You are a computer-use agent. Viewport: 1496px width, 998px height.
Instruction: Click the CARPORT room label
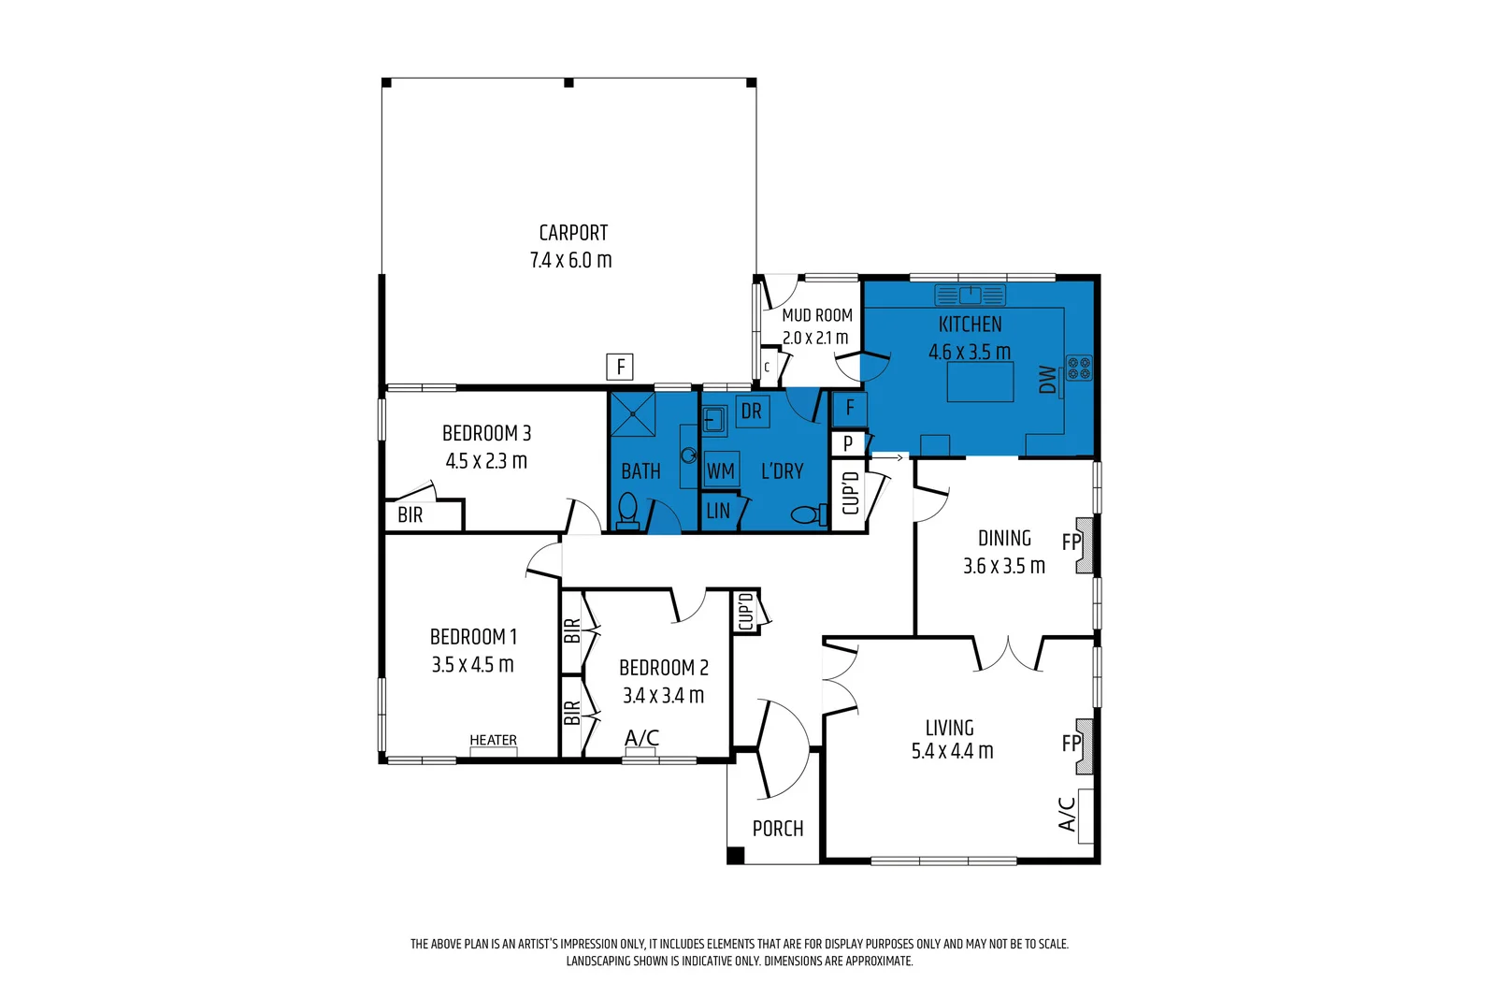pos(573,233)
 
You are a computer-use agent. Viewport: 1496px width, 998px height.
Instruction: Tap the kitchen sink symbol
pos(970,296)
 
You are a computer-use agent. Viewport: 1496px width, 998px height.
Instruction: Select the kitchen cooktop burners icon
pos(1079,369)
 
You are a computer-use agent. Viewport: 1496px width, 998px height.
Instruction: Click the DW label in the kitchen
pos(1047,380)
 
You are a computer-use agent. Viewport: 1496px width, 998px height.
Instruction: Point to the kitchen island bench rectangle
pos(980,383)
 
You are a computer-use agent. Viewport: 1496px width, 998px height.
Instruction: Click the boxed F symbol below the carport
pos(620,367)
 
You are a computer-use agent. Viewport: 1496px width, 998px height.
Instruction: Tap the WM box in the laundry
pos(720,470)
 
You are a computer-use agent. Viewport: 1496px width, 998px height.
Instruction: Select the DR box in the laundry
pos(752,412)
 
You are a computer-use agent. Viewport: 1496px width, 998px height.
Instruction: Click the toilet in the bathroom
pos(627,512)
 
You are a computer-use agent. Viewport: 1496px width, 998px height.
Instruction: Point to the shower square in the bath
pos(633,414)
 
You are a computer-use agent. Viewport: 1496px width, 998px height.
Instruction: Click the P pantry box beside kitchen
pos(848,443)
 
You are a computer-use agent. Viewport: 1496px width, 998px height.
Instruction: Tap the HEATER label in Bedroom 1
pos(493,741)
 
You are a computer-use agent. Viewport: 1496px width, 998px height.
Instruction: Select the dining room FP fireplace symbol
pos(1084,544)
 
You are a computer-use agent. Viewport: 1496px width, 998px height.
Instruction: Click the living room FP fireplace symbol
pos(1084,745)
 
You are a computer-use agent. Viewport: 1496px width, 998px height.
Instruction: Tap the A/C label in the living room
pos(1067,814)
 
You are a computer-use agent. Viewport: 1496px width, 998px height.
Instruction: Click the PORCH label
pos(778,829)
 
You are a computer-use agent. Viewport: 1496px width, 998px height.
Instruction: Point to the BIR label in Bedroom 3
pos(410,515)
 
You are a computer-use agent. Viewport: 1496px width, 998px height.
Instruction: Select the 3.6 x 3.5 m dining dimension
pos(1004,566)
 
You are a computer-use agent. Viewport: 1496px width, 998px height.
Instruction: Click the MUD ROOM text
pos(817,315)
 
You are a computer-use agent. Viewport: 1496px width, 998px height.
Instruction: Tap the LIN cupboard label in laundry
pos(718,512)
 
